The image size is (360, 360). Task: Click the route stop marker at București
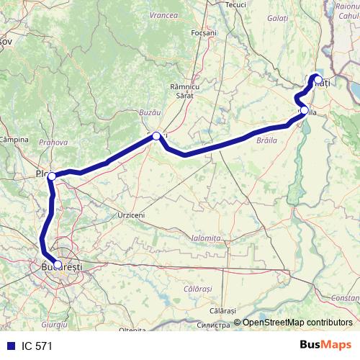[x=58, y=264]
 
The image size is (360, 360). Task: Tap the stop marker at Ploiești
[x=52, y=176]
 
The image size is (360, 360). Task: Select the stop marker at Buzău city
[x=156, y=135]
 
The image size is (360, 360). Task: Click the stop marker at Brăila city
[x=305, y=110]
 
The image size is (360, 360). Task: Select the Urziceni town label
[x=132, y=215]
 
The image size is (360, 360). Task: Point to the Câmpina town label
[x=14, y=138]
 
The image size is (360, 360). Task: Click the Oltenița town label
[x=133, y=330]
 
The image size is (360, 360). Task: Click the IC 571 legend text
[x=37, y=346]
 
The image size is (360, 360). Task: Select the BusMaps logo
[x=325, y=346]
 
